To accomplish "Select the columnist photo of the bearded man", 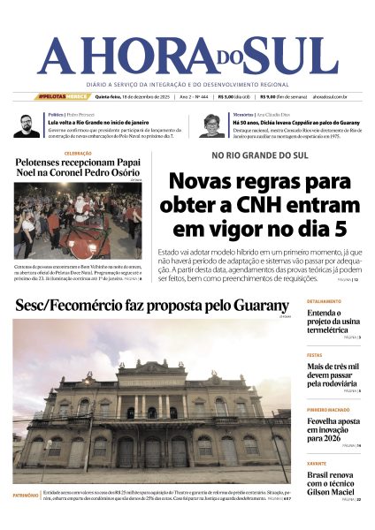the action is coord(26,125).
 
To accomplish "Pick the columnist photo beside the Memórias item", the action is coord(212,125).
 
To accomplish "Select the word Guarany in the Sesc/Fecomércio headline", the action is coord(256,307).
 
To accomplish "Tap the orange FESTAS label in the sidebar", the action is coord(314,356).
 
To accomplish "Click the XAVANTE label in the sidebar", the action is coord(317,462).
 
